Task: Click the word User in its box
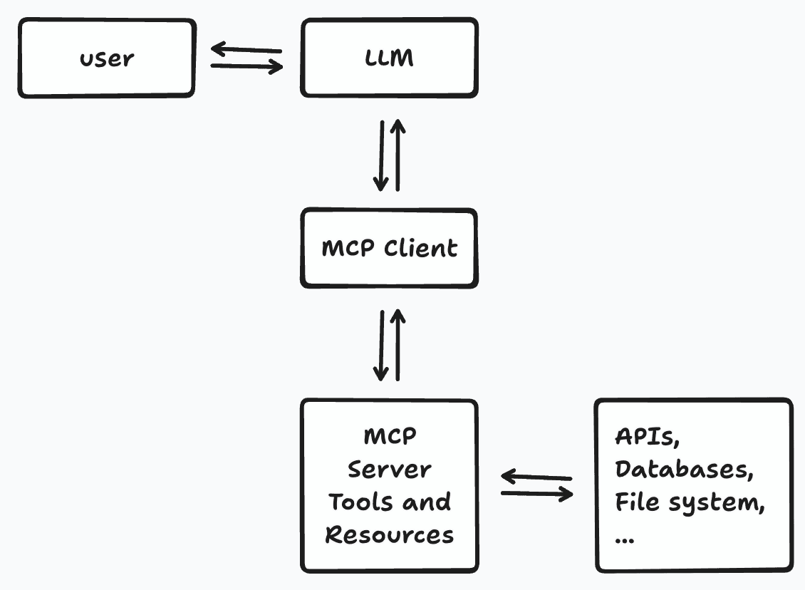pyautogui.click(x=106, y=58)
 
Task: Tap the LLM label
pyautogui.click(x=389, y=58)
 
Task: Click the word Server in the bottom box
pyautogui.click(x=389, y=470)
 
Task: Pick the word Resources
pyautogui.click(x=389, y=534)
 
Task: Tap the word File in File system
pyautogui.click(x=636, y=502)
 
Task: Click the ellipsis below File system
pyautogui.click(x=624, y=539)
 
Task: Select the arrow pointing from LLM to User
pyautogui.click(x=246, y=49)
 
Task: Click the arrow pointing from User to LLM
pyautogui.click(x=246, y=67)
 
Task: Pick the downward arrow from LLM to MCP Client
pyautogui.click(x=381, y=155)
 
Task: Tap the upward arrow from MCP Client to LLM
pyautogui.click(x=398, y=155)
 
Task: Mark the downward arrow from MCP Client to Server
pyautogui.click(x=381, y=345)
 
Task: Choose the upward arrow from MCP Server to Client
pyautogui.click(x=398, y=345)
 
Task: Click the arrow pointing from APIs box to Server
pyautogui.click(x=536, y=476)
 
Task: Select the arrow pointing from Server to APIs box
pyautogui.click(x=536, y=493)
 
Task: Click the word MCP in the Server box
pyautogui.click(x=389, y=436)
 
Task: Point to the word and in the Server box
pyautogui.click(x=425, y=502)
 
